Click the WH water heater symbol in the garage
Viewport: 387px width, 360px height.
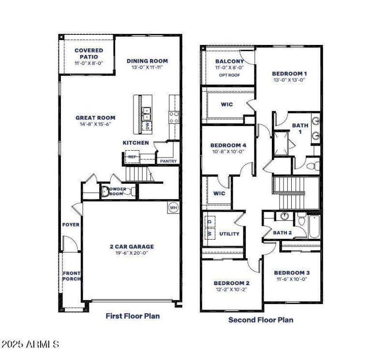point(173,208)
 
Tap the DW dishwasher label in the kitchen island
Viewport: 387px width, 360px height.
point(148,127)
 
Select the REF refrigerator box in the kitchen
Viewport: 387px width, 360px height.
point(131,157)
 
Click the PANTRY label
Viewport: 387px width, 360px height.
point(168,161)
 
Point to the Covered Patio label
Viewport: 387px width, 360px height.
point(89,54)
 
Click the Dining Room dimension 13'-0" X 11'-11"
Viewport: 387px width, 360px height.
point(147,68)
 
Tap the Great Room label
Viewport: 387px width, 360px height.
point(95,117)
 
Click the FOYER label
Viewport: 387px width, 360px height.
point(71,225)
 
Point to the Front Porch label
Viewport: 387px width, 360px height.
point(71,276)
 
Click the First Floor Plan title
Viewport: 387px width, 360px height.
point(133,316)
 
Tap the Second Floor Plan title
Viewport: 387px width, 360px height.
point(260,319)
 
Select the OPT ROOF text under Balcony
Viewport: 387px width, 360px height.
point(229,75)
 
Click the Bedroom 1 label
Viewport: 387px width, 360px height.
point(289,73)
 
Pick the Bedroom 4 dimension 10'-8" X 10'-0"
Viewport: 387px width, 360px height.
point(228,152)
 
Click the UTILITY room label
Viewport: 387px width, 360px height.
point(229,234)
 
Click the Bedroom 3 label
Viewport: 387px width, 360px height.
point(292,273)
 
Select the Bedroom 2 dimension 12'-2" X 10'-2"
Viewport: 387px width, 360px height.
point(231,289)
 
